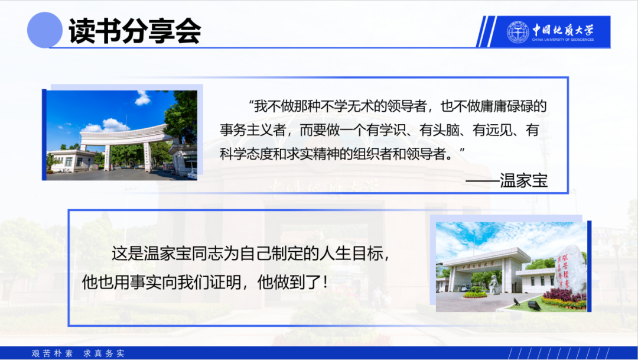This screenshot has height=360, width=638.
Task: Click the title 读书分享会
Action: (x=135, y=31)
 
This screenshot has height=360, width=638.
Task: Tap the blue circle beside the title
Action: (x=45, y=30)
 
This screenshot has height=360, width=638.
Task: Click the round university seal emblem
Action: (x=517, y=32)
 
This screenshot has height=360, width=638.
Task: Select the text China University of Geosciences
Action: (x=563, y=40)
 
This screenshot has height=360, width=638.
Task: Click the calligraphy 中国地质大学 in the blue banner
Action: (x=563, y=30)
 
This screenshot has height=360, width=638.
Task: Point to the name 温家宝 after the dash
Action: (x=523, y=180)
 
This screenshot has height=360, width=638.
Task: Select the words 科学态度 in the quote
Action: (x=246, y=154)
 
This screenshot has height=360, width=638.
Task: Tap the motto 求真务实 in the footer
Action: (x=104, y=353)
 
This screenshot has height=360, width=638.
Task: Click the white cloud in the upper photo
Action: (x=142, y=98)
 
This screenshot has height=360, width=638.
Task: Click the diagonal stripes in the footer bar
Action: (x=559, y=353)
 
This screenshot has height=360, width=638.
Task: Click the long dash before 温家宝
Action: (x=483, y=180)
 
